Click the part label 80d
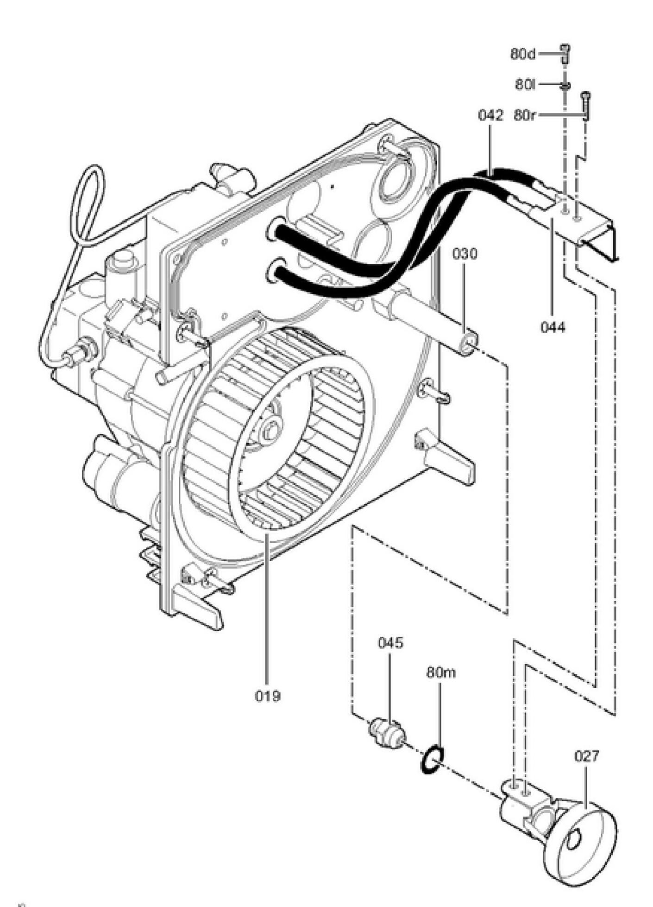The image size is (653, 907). point(523,54)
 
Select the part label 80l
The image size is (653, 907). point(525,85)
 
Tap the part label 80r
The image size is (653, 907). point(524,115)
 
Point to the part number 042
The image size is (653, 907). point(490,115)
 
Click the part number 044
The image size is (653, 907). point(553,327)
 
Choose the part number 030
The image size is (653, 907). point(465,254)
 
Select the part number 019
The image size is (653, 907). point(267,696)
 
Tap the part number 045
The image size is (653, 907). point(390,643)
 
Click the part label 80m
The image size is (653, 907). point(441,672)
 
